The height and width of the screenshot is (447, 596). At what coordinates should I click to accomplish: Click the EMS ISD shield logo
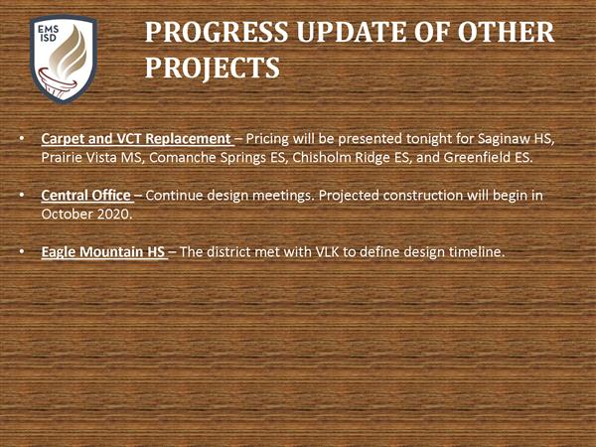pyautogui.click(x=64, y=59)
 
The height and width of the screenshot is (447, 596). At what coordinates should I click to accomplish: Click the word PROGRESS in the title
pyautogui.click(x=217, y=32)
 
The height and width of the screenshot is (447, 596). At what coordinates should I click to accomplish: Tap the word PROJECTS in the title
pyautogui.click(x=213, y=68)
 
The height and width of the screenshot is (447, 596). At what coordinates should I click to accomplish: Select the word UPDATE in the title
pyautogui.click(x=352, y=32)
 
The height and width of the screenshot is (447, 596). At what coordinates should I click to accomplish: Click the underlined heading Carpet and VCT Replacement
pyautogui.click(x=136, y=139)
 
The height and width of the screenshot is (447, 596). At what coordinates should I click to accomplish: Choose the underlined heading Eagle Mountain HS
pyautogui.click(x=103, y=252)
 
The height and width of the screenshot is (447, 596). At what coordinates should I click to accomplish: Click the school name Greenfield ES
pyautogui.click(x=488, y=157)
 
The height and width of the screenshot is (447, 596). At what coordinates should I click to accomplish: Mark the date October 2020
pyautogui.click(x=86, y=215)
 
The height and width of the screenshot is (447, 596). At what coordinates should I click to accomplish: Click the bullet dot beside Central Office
pyautogui.click(x=22, y=196)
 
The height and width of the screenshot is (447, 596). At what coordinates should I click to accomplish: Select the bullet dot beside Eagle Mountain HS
pyautogui.click(x=22, y=252)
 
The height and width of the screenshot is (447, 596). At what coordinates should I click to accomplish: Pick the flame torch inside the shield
pyautogui.click(x=66, y=62)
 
